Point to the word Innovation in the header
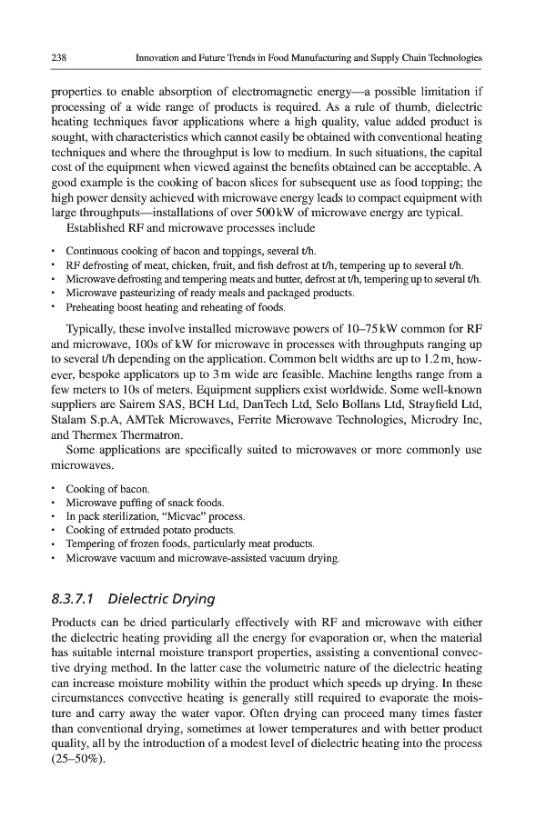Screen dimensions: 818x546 tap(159, 57)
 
